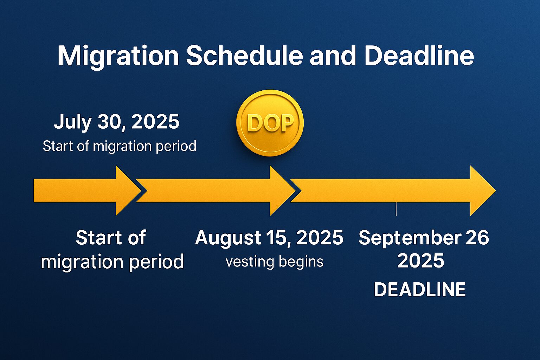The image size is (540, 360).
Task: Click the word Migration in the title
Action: [118, 57]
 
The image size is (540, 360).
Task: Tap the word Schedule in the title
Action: [244, 55]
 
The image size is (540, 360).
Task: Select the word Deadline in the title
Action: [419, 55]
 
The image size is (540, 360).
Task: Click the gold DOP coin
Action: [270, 123]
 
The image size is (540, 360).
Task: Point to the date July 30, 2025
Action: [117, 122]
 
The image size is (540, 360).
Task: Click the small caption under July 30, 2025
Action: [120, 146]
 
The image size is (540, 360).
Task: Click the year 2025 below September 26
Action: [421, 261]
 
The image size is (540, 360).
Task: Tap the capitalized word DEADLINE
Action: [420, 289]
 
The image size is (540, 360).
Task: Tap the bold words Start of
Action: [111, 238]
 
